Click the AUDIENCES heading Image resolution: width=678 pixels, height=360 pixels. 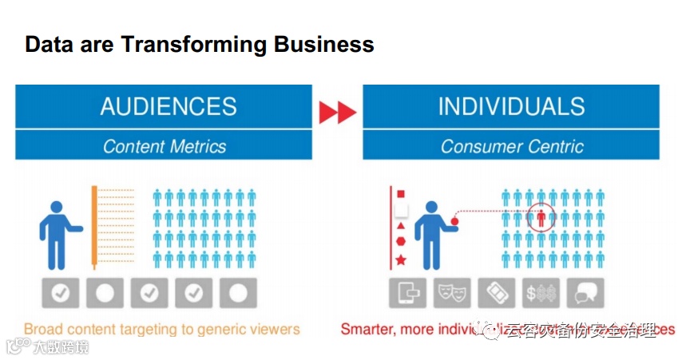tap(169, 107)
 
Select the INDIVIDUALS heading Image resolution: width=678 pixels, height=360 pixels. tap(511, 107)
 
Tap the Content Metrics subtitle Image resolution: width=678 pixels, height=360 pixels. tap(165, 146)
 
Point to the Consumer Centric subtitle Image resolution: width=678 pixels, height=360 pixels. tap(512, 146)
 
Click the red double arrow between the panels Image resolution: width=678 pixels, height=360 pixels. tap(337, 113)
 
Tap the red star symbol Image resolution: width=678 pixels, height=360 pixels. tap(401, 260)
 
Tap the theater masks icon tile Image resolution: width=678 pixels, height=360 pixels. tap(452, 293)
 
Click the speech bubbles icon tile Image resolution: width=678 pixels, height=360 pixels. tap(585, 293)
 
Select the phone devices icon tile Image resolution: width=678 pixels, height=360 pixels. tap(408, 293)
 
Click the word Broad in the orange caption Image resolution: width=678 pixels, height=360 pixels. tap(42, 329)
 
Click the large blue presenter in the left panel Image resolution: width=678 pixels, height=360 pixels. tap(57, 232)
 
